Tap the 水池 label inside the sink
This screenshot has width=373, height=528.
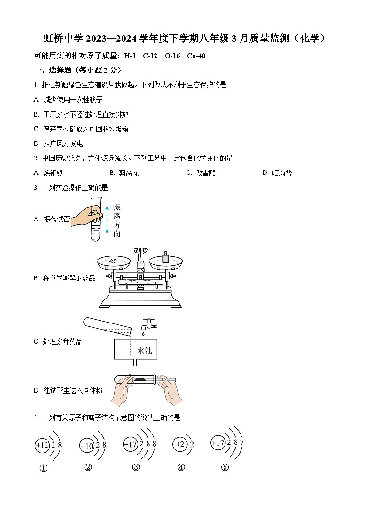pos(144,351)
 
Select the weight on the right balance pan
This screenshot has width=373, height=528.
pos(165,257)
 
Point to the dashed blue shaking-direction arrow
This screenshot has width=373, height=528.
pos(107,219)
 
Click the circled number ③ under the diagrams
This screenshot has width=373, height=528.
pos(136,467)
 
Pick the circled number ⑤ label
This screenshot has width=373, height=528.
pos(225,467)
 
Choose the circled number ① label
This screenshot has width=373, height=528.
pos(44,468)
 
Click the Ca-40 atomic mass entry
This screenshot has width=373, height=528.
pos(196,56)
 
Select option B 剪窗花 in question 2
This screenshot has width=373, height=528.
pos(128,173)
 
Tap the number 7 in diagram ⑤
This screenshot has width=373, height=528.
pos(242,442)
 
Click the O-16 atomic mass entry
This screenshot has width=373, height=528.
pos(172,56)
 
